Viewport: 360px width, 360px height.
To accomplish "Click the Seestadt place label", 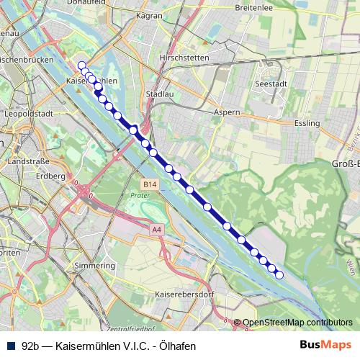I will (x=269, y=84).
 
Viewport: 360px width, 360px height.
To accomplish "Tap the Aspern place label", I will (x=227, y=112).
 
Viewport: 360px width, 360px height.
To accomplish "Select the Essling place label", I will (x=307, y=123).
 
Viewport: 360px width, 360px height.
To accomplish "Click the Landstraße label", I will (x=25, y=163).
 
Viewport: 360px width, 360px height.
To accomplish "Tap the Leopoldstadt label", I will (x=25, y=114).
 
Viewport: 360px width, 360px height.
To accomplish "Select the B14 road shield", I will (x=148, y=184).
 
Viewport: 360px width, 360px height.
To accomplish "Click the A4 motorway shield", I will (x=156, y=229).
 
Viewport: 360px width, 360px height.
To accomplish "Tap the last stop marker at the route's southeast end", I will (x=279, y=274).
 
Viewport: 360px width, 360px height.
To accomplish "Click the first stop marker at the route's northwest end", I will (x=81, y=66).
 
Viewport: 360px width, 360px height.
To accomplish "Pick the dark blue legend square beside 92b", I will (x=11, y=346).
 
